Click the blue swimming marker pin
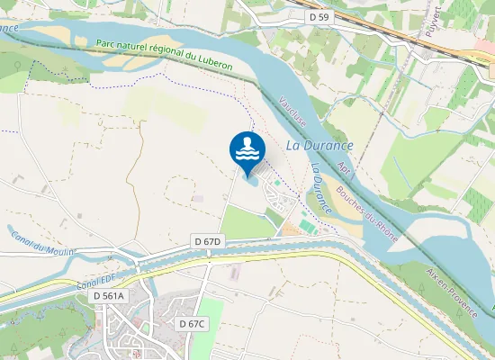[x=247, y=149]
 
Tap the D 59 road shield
[x=319, y=16]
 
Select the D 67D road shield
[x=208, y=242]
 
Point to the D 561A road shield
[x=109, y=295]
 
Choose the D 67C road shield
[x=193, y=323]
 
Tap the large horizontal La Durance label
[x=319, y=145]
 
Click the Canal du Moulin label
[x=44, y=244]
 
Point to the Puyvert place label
[x=431, y=28]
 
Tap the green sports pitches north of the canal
[x=306, y=227]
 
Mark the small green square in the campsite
[x=278, y=184]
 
